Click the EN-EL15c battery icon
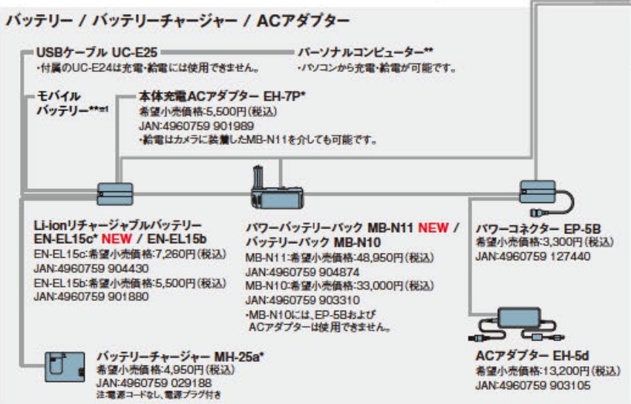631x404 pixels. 114,193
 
